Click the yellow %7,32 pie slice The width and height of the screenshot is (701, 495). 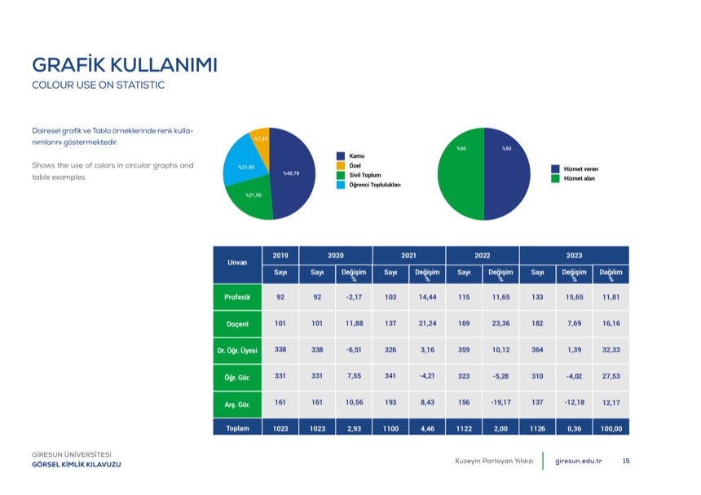[261, 142]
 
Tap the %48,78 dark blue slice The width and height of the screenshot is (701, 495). [293, 174]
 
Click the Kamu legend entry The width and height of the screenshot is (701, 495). [351, 156]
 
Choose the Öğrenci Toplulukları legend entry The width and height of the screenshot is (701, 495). [368, 185]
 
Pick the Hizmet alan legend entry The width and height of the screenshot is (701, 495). [573, 178]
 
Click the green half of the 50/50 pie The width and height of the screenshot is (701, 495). [461, 174]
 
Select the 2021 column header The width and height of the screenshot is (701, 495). [408, 256]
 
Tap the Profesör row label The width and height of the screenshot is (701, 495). [237, 297]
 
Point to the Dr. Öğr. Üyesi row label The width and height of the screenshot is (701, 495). [237, 350]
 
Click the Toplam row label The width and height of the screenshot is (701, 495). [237, 428]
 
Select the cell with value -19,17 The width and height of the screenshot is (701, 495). [500, 403]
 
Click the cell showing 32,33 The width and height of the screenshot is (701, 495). [611, 350]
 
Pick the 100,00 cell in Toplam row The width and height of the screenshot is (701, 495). [611, 428]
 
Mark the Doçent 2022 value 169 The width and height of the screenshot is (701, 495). [464, 323]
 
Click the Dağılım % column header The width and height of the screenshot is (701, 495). [611, 274]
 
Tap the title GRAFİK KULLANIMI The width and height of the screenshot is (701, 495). [125, 64]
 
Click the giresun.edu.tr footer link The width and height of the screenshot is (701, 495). [579, 461]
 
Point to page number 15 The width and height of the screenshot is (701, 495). [626, 461]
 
